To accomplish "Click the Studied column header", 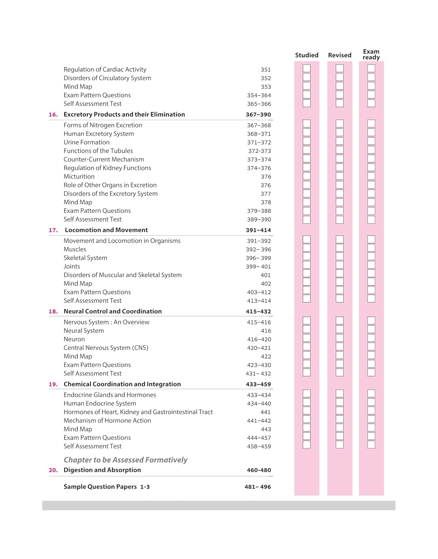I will tap(307, 55).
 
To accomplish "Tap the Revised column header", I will tap(340, 55).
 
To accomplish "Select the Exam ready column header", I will tap(371, 54).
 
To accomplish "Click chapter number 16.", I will tap(53, 115).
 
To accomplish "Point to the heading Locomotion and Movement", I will tap(106, 230).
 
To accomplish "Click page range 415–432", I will tap(258, 312).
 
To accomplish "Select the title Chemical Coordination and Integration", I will tap(122, 384).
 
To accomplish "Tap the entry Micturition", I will tap(79, 177).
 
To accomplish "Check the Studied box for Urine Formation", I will tap(307, 141).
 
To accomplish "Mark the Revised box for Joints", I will tap(340, 265).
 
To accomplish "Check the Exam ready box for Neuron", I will tap(371, 338).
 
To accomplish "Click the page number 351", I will tap(266, 70).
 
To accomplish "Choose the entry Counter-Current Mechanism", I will tap(104, 160).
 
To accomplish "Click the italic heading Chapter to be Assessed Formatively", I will tap(125, 460).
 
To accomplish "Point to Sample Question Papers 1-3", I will tap(107, 487).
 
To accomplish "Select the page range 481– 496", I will tap(257, 487).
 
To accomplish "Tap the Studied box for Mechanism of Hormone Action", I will tap(307, 419).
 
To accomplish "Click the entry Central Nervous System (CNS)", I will tap(106, 348).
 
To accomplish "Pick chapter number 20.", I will tap(53, 470).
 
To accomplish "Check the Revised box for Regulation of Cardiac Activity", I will tap(340, 69).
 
